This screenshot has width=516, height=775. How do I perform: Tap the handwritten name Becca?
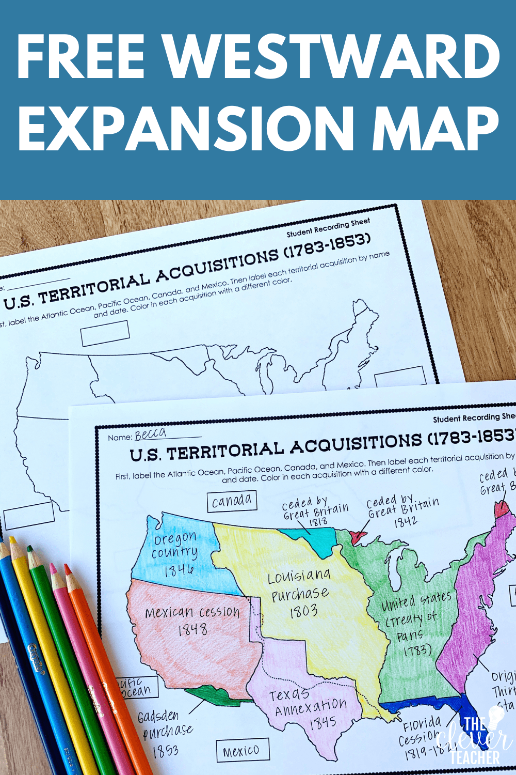tap(150, 433)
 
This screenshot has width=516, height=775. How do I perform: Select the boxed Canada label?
tap(232, 501)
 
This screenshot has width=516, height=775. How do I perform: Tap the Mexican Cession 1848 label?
tap(192, 620)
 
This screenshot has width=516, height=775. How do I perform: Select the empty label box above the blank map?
tap(105, 333)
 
